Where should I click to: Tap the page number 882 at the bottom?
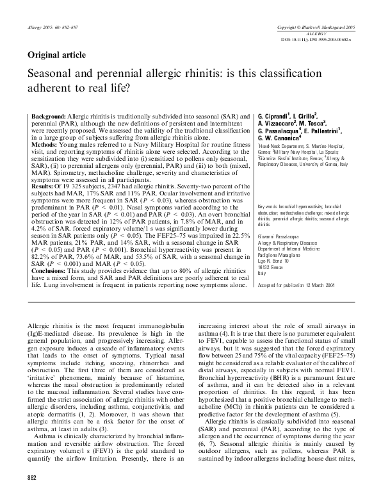click(x=32, y=495)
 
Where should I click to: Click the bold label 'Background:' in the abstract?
click(x=47, y=111)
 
